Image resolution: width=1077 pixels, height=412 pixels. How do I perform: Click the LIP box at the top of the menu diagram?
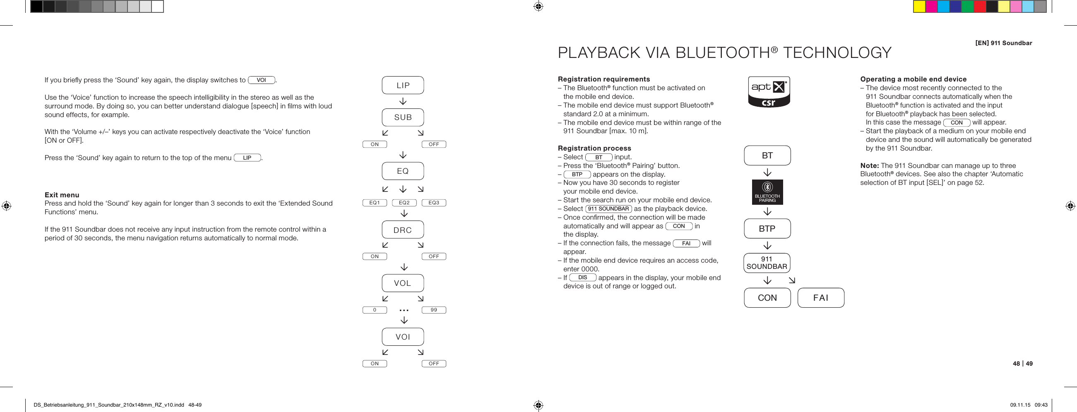[403, 85]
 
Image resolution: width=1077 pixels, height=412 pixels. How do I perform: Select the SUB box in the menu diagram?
[403, 117]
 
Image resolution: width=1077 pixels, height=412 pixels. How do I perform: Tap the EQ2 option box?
[404, 203]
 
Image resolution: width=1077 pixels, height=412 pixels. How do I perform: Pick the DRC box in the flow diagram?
[403, 230]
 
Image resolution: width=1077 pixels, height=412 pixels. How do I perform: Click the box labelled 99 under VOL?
[433, 310]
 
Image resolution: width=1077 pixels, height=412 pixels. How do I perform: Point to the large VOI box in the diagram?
[403, 337]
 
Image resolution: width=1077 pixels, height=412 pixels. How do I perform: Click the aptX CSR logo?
[769, 92]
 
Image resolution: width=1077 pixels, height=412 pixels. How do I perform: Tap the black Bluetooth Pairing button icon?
[767, 192]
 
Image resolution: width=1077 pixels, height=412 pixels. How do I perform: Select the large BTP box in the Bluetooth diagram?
[767, 229]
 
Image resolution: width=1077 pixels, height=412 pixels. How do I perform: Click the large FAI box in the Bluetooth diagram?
[821, 298]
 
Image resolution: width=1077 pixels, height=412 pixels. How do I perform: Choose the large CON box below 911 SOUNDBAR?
[767, 298]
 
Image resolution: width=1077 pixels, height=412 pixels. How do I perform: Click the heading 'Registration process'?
[594, 149]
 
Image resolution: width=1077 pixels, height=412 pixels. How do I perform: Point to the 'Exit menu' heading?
[62, 195]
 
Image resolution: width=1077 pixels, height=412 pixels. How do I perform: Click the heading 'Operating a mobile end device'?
[913, 79]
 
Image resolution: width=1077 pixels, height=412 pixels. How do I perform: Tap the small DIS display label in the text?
[582, 278]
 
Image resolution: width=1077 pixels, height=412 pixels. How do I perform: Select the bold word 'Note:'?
[870, 165]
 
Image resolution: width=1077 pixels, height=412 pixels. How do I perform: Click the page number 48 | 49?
[1022, 364]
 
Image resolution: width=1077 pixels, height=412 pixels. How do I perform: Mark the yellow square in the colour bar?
[919, 7]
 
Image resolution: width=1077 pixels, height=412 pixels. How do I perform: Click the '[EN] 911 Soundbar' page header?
[1003, 43]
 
